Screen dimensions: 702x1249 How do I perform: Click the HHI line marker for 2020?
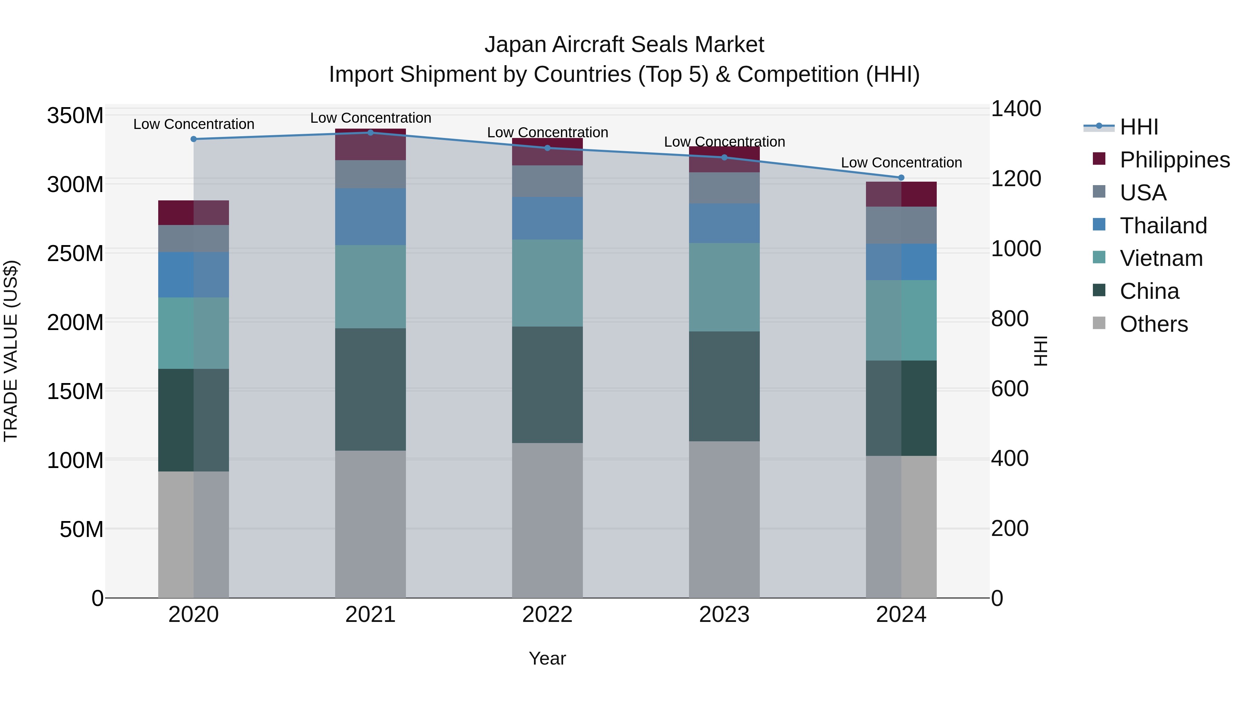(x=194, y=139)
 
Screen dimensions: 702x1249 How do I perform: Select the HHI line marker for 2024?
(x=901, y=177)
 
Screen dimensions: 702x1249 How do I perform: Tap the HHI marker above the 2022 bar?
(x=547, y=148)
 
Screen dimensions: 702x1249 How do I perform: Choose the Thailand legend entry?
(x=1163, y=226)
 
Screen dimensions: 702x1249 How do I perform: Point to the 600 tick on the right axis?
(x=1010, y=389)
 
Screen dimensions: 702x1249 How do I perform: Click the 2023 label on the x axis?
(x=724, y=615)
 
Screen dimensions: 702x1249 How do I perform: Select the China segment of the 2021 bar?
(x=371, y=390)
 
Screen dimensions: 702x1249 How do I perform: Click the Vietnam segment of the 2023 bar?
(x=724, y=287)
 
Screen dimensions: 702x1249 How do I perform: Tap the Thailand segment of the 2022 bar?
(x=547, y=218)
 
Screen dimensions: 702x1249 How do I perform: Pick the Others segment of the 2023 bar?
(x=724, y=519)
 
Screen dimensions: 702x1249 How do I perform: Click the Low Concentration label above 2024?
(x=901, y=163)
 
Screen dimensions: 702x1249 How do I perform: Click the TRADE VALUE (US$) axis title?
(x=11, y=351)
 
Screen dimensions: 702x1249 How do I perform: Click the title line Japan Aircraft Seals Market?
(x=624, y=45)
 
